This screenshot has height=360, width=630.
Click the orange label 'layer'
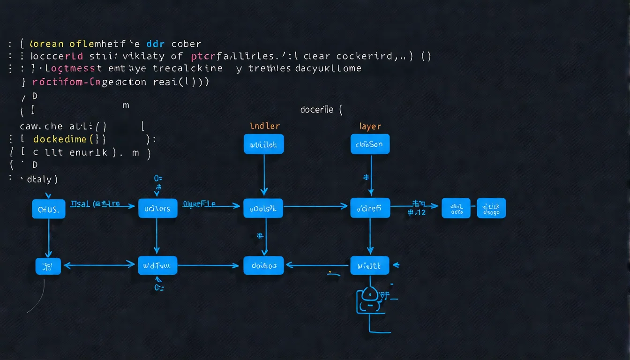[370, 126]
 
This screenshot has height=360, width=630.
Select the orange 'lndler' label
[265, 126]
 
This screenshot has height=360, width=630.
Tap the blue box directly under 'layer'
[370, 144]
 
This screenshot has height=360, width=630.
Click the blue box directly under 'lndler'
[263, 144]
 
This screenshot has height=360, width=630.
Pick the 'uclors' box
[157, 209]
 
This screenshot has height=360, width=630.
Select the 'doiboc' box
[263, 265]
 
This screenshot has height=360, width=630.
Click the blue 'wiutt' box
[369, 265]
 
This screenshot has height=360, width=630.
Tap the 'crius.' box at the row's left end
[48, 209]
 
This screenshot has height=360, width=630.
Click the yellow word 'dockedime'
[60, 139]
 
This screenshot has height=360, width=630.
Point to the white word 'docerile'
[316, 110]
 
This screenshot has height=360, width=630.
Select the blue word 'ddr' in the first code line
[155, 44]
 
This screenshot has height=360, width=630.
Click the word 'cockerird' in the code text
[368, 56]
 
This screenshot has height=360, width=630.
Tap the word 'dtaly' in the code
[41, 179]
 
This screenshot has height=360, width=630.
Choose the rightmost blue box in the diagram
[491, 208]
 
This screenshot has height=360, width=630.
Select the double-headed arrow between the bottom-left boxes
[99, 265]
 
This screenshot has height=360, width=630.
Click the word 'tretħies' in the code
[269, 68]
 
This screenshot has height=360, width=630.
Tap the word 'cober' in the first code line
[186, 44]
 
